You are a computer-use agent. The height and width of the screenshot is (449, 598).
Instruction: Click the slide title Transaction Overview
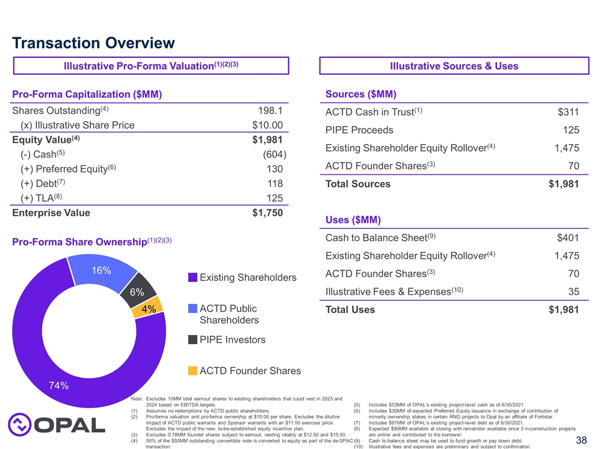[x=93, y=43]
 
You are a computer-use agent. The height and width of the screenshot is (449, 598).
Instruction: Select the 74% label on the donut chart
[x=59, y=385]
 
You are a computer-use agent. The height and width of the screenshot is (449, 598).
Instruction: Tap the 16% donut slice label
[x=102, y=271]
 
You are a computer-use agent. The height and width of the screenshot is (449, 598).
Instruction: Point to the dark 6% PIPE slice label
[x=137, y=292]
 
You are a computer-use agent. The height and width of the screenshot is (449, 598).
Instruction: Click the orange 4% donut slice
[x=149, y=309]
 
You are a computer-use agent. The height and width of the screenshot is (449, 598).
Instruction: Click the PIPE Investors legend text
[x=232, y=340]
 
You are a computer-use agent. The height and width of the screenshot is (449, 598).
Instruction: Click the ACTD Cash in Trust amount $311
[x=567, y=112]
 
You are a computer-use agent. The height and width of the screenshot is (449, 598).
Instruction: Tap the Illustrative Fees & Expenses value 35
[x=573, y=292]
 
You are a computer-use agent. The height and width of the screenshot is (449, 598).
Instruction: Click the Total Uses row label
[x=350, y=310]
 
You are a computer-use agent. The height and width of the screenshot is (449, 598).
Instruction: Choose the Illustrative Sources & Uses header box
[x=453, y=66]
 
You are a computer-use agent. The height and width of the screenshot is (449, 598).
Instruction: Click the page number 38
[x=581, y=440]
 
